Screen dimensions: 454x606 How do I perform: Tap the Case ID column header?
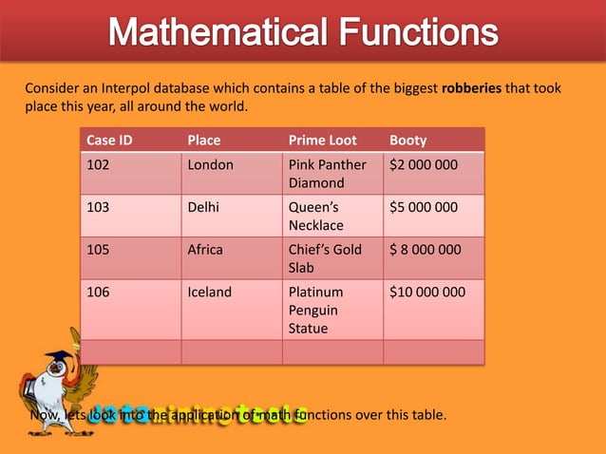(x=109, y=140)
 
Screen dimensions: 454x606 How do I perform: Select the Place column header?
(x=204, y=140)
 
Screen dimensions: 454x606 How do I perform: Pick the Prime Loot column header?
(x=322, y=140)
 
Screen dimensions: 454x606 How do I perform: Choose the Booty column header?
(x=408, y=140)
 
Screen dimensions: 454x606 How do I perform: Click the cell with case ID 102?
(x=99, y=164)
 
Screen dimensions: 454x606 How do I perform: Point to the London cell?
(x=210, y=164)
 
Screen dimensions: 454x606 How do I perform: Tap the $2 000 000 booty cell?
(x=424, y=164)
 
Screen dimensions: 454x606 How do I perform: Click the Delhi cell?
(x=203, y=207)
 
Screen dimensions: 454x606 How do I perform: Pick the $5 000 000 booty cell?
(x=424, y=207)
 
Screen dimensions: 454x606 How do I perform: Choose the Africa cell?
(x=205, y=250)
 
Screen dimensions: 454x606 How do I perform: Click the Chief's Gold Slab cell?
(x=324, y=258)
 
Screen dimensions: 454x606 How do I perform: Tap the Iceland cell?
(x=209, y=293)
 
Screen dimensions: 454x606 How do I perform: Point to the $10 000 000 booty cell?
(x=427, y=293)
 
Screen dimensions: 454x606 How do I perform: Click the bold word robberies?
(x=472, y=88)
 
